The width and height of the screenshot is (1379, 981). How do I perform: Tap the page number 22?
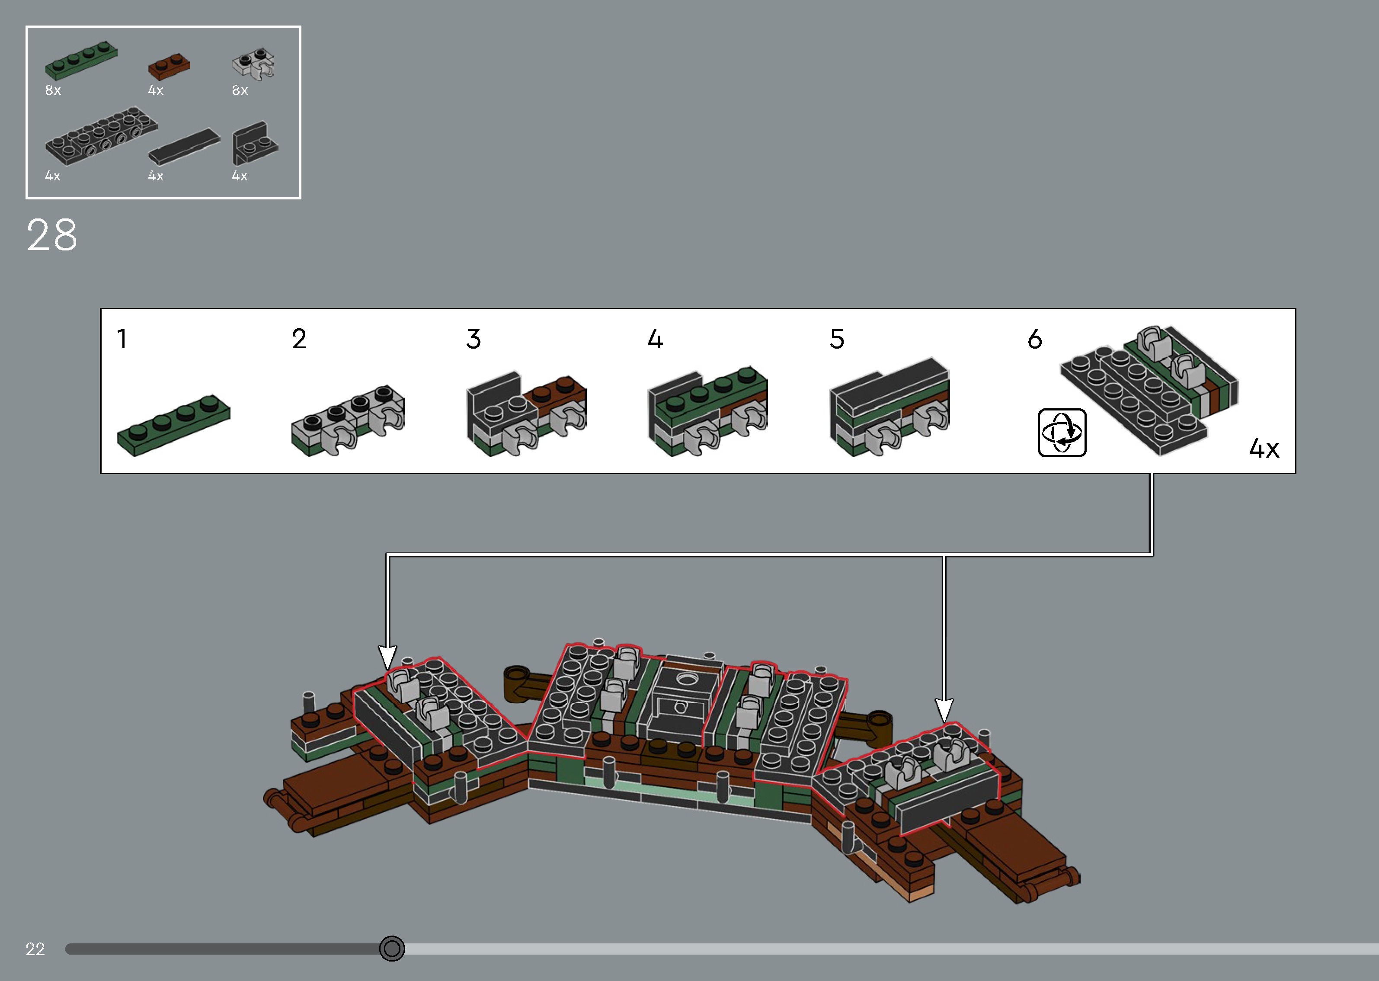pos(35,949)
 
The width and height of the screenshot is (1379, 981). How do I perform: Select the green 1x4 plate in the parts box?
pos(81,61)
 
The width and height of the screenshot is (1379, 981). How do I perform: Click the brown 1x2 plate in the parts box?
pos(169,67)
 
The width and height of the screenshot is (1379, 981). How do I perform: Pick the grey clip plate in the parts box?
pos(253,64)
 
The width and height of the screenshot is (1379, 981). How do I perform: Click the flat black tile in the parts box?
pos(184,146)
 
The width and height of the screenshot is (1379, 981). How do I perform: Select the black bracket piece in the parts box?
pos(253,143)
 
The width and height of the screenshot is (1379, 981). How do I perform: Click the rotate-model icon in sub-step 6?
pos(1062,433)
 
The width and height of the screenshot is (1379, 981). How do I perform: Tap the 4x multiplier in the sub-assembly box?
pos(1264,448)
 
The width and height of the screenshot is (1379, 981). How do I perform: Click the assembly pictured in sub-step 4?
pos(707,411)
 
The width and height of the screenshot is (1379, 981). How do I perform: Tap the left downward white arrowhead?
pos(387,657)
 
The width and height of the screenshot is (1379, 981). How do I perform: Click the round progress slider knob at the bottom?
pos(392,949)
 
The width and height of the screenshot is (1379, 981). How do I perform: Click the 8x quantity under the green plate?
pos(53,90)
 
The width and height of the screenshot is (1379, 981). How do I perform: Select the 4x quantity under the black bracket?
pos(240,176)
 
